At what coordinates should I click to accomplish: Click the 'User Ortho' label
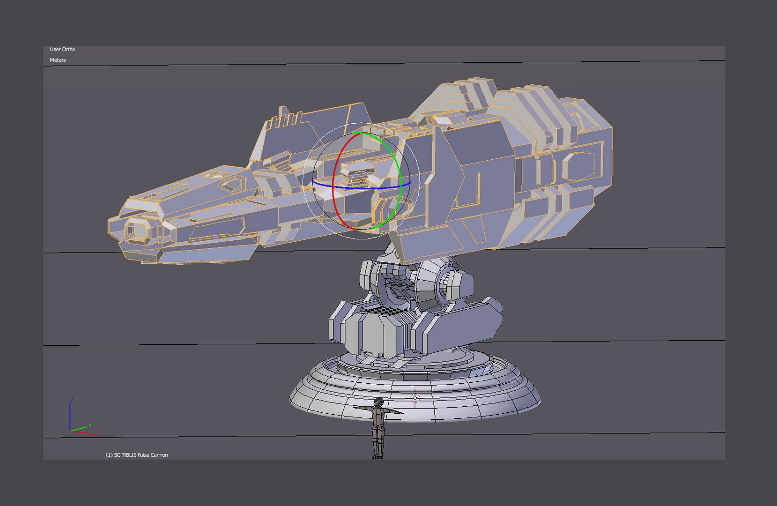click(x=62, y=49)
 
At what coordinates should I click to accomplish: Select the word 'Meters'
click(x=58, y=60)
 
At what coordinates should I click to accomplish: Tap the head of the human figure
click(x=379, y=402)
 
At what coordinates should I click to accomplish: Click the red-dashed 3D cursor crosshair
click(x=415, y=398)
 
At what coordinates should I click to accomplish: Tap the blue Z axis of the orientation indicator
click(x=70, y=415)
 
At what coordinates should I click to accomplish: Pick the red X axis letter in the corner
click(x=96, y=432)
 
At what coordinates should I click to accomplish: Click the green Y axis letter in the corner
click(x=89, y=424)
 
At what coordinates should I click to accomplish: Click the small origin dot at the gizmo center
click(x=361, y=181)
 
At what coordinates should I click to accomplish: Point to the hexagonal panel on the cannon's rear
click(x=578, y=166)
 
